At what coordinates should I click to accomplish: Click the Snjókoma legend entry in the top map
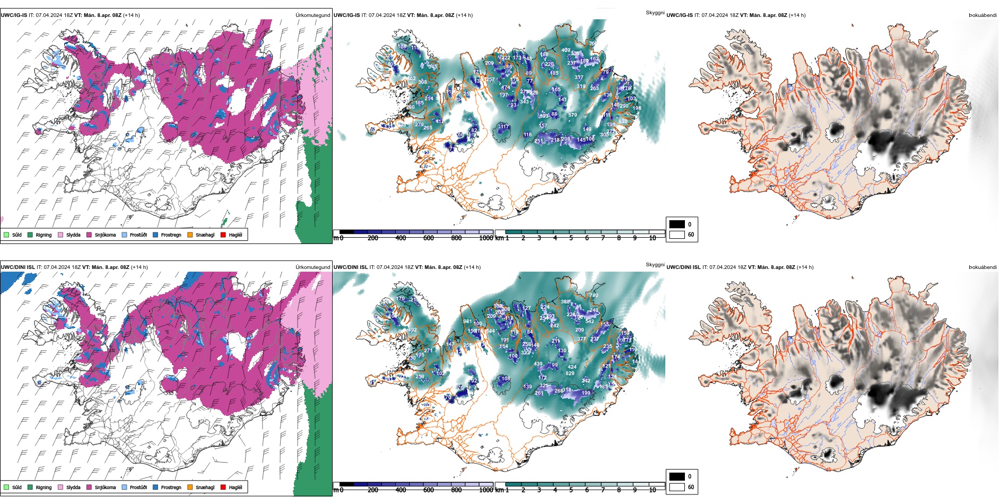point(105,235)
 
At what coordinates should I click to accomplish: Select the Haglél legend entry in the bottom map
point(235,488)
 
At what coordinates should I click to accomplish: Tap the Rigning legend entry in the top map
point(44,235)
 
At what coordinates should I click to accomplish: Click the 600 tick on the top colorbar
point(428,238)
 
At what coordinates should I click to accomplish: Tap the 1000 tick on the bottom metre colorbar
point(485,490)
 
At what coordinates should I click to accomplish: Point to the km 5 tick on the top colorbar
point(571,238)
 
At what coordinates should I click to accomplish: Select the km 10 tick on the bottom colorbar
point(653,490)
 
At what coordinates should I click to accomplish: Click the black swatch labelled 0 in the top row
point(677,224)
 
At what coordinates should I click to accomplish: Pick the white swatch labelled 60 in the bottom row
point(677,487)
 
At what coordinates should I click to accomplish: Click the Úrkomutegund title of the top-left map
point(312,15)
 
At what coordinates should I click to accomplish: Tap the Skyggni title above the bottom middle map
point(655,265)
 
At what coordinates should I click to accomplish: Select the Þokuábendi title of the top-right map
point(983,15)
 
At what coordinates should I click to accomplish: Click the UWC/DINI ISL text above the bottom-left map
point(18,267)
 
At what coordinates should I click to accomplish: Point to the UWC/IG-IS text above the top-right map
point(679,15)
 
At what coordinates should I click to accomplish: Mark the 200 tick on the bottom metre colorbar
point(372,490)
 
